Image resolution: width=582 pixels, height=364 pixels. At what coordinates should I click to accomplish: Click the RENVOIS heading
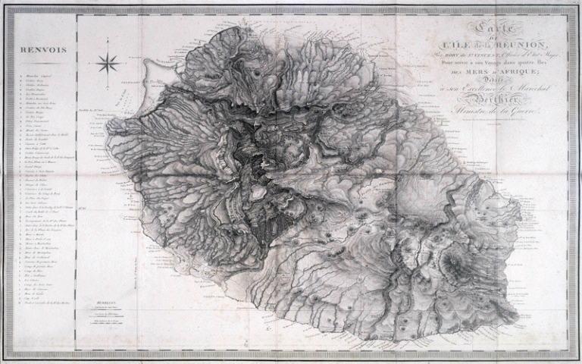point(44,50)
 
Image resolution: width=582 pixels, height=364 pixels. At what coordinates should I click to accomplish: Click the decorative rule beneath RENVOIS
point(44,61)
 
